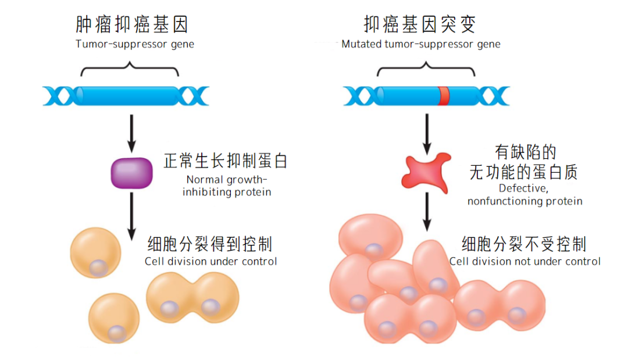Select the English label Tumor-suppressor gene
click(x=135, y=44)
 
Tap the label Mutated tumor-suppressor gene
click(x=421, y=44)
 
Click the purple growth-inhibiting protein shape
click(x=132, y=173)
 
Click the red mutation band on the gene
click(x=444, y=96)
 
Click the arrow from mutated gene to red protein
click(x=428, y=133)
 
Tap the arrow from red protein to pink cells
click(x=428, y=212)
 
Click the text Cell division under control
click(x=210, y=261)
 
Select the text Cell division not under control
click(x=524, y=261)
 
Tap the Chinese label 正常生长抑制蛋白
click(x=226, y=161)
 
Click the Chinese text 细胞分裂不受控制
click(x=523, y=244)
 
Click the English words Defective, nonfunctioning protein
click(x=524, y=195)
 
